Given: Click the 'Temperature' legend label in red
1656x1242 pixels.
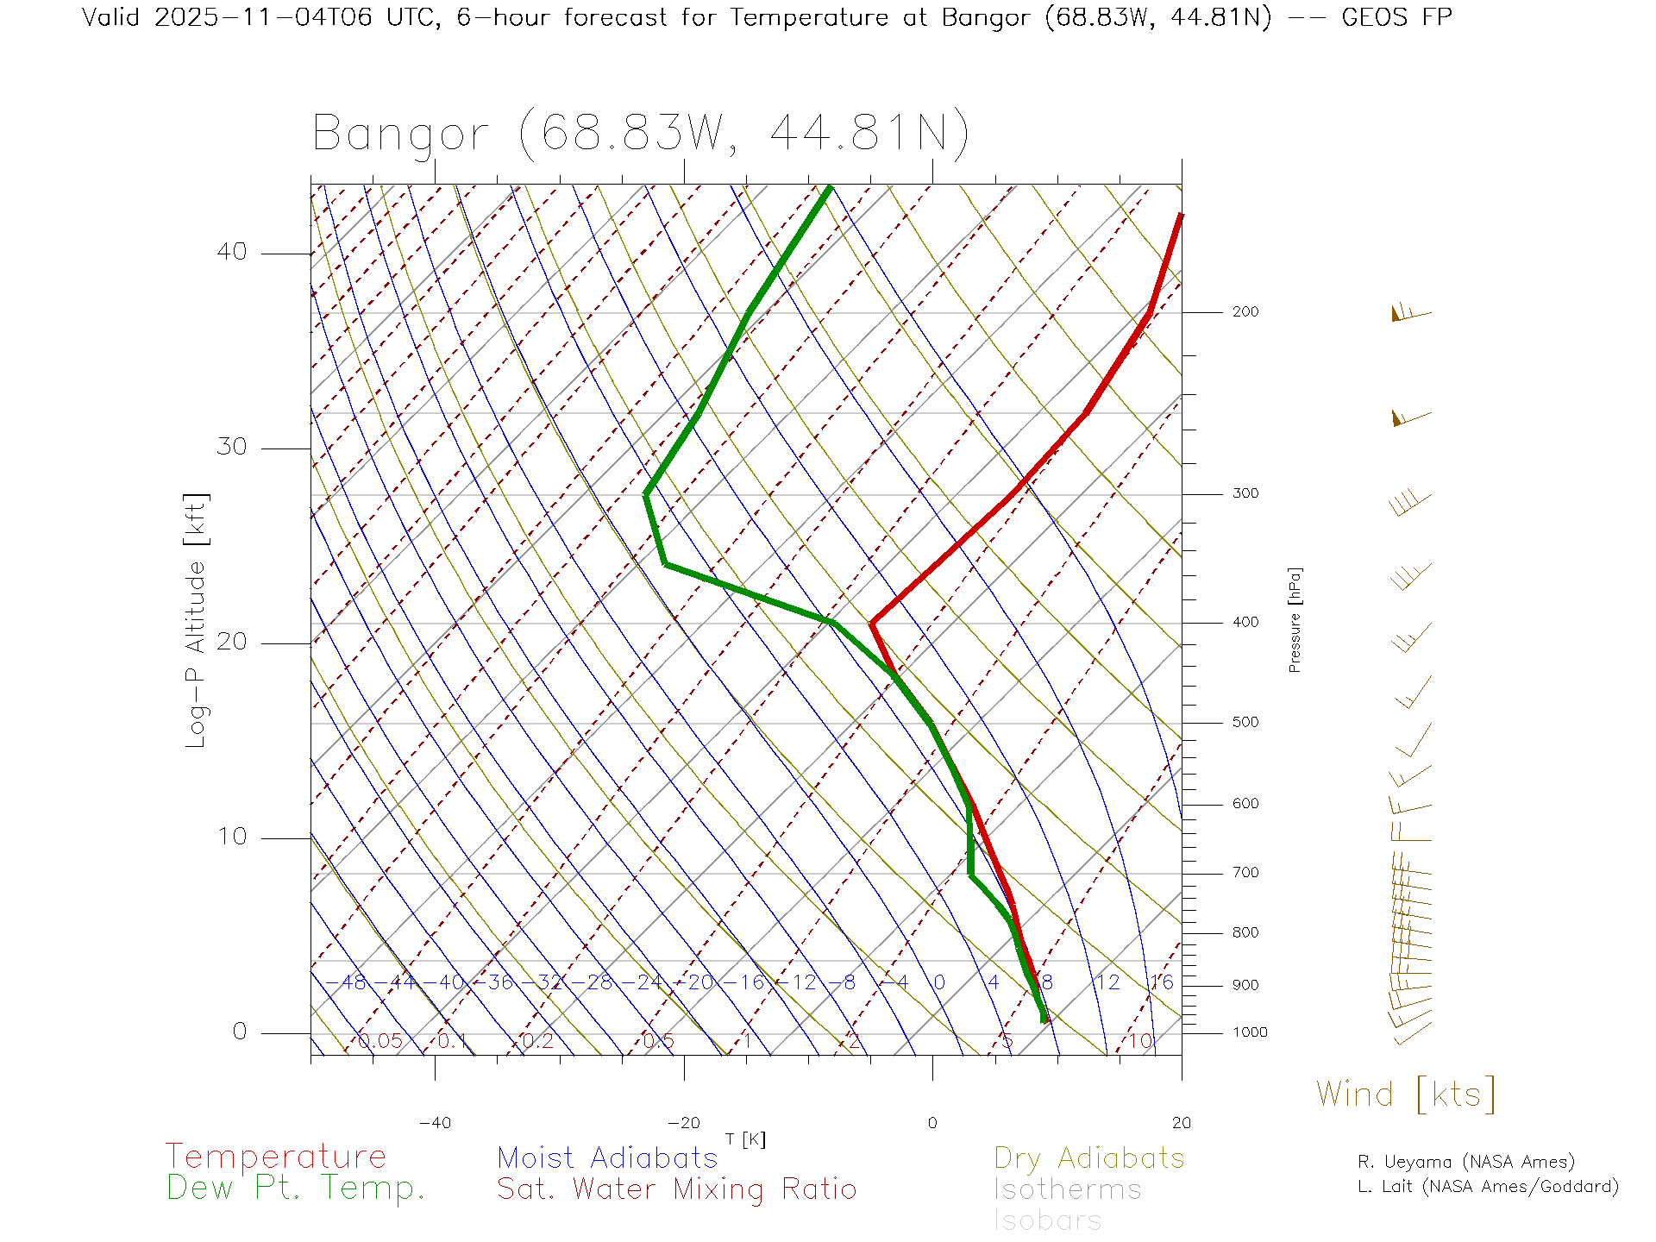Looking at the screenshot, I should pos(275,1157).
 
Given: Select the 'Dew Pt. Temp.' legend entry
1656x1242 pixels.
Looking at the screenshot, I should pos(296,1189).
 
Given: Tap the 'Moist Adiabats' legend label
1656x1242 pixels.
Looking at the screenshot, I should pos(607,1157).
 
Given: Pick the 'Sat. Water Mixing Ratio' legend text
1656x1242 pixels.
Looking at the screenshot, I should pos(676,1189).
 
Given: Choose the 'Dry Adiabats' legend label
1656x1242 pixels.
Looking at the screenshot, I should pos(1088,1157).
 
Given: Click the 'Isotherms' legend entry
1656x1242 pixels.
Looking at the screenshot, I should pos(1067,1189).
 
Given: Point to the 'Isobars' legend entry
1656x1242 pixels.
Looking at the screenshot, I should pos(1047,1220).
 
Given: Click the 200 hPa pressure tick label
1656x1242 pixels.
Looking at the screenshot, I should pos(1245,312).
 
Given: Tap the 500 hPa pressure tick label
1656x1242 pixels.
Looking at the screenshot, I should pos(1245,723).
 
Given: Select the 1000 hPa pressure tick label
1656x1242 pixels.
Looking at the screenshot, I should pos(1249,1032).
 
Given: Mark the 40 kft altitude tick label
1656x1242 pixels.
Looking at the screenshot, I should pos(231,252).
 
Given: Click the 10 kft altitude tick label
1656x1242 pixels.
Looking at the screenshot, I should pos(231,837).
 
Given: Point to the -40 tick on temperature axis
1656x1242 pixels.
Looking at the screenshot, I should pos(435,1123).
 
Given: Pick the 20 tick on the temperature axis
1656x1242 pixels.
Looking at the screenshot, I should pos(1181,1123).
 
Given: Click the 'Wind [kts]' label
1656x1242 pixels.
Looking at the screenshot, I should pos(1405,1095).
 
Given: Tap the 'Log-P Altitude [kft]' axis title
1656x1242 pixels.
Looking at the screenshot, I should pos(197,620).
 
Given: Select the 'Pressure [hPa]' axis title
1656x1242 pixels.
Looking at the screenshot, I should pos(1295,619).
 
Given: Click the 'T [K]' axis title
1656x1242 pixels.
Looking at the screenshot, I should pos(745,1139).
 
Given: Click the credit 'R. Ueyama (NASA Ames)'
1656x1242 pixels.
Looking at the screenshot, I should pos(1465,1162).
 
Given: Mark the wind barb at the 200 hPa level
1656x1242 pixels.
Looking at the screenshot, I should pos(1409,314).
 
